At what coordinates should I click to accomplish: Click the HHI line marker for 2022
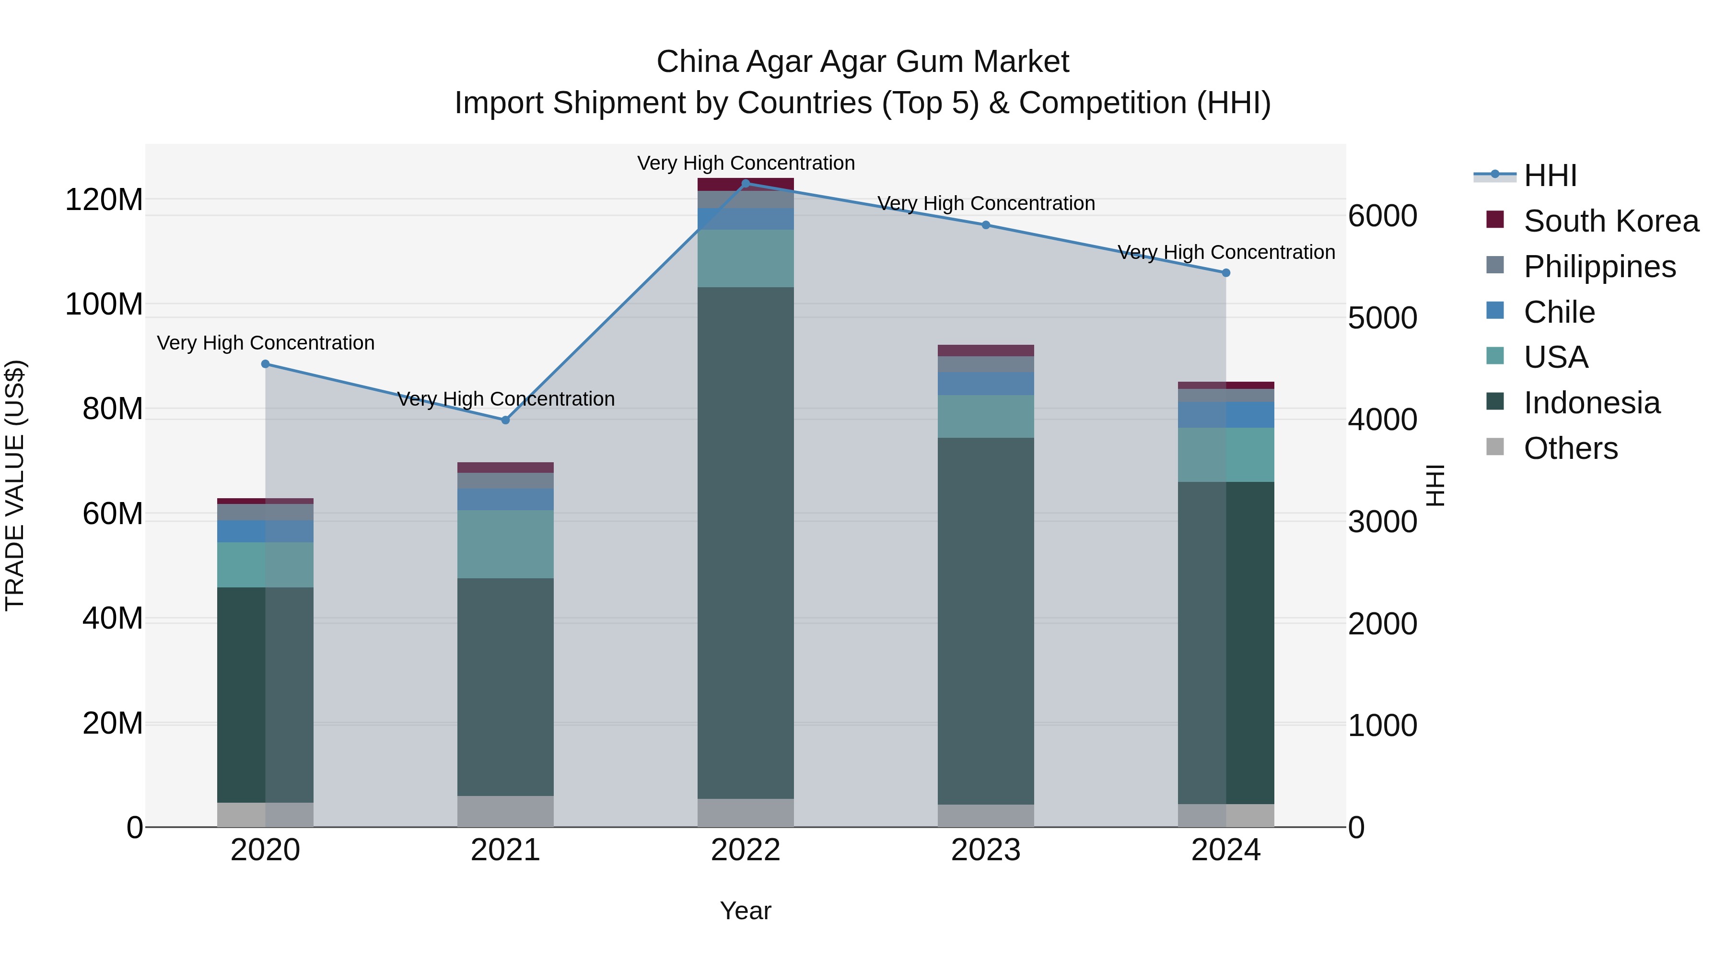(x=745, y=184)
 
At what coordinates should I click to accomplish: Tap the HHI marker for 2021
(x=505, y=420)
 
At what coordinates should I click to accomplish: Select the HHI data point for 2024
(x=1225, y=273)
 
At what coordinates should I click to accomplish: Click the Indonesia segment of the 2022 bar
(x=745, y=543)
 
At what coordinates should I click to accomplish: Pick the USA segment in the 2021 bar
(x=505, y=544)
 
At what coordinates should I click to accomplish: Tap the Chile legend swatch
(x=1495, y=311)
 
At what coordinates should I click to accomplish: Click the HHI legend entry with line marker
(x=1549, y=175)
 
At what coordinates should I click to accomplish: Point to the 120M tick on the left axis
(x=104, y=199)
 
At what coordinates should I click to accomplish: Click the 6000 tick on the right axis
(x=1382, y=216)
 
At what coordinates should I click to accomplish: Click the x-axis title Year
(x=745, y=911)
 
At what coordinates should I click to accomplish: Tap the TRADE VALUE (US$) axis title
(x=15, y=485)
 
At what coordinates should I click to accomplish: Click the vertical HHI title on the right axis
(x=1434, y=485)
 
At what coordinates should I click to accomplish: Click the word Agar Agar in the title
(x=817, y=62)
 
